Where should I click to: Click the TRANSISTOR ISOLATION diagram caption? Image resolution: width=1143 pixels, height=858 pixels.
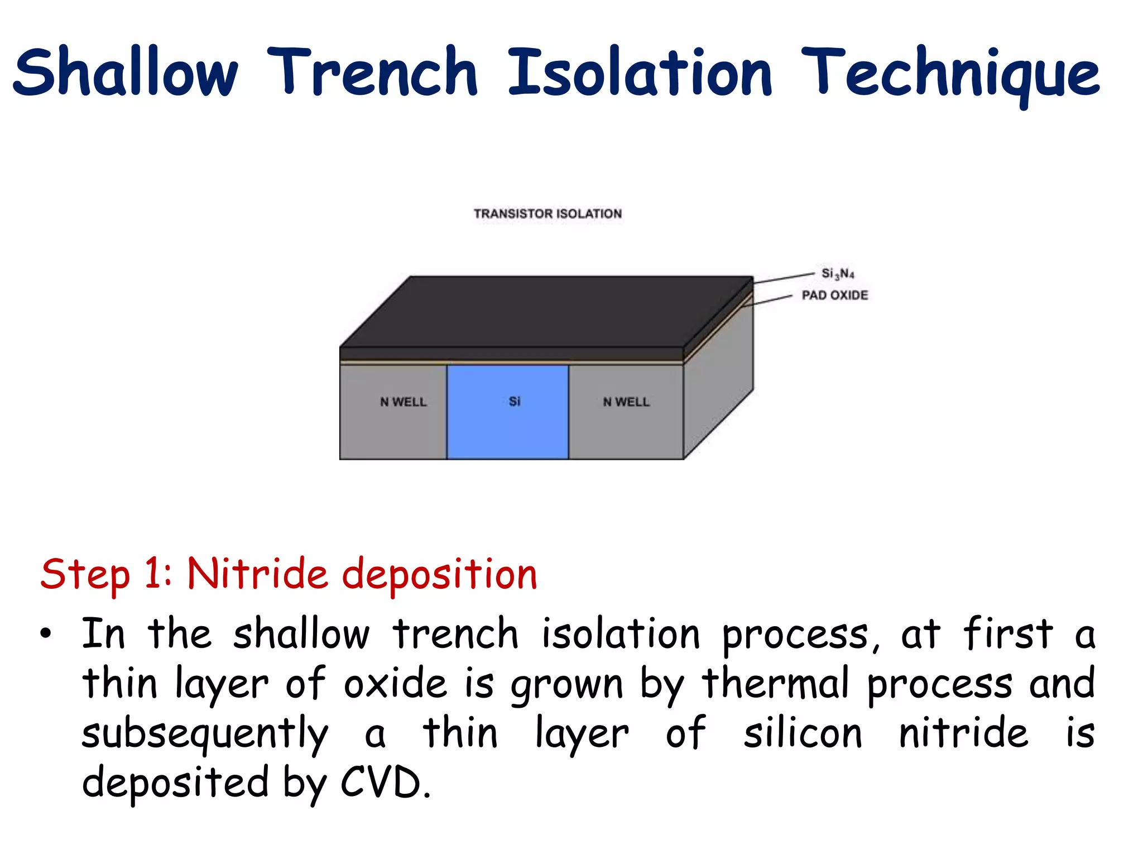548,213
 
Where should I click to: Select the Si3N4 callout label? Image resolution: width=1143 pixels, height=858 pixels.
837,273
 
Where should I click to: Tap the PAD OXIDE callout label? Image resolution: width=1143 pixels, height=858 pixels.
835,295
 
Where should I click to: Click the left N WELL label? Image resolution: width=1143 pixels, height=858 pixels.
403,402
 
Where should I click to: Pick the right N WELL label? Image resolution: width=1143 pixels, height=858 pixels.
626,402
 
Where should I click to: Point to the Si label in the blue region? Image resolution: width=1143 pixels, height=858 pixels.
515,401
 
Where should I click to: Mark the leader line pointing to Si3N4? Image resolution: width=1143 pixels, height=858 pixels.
784,278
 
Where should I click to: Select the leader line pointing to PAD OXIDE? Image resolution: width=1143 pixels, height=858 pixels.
770,300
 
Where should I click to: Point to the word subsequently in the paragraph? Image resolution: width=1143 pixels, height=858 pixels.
205,733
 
